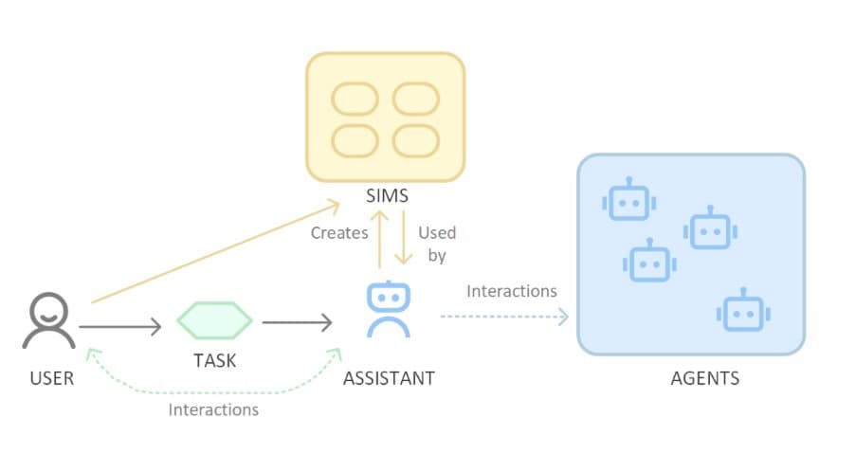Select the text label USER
(x=51, y=378)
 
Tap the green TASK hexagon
(x=214, y=322)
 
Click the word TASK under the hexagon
(x=214, y=360)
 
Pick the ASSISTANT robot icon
(x=388, y=309)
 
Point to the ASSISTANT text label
(x=389, y=378)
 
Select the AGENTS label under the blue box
(x=704, y=378)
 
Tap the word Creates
(x=339, y=233)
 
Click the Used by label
(x=436, y=244)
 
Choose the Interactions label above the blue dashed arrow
(x=511, y=291)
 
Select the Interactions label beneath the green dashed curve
(x=213, y=409)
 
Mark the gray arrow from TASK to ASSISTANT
(x=297, y=324)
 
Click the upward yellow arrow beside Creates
(x=379, y=241)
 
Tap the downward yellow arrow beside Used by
(x=402, y=241)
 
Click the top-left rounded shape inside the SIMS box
(x=355, y=100)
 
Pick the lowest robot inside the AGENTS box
(x=739, y=312)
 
